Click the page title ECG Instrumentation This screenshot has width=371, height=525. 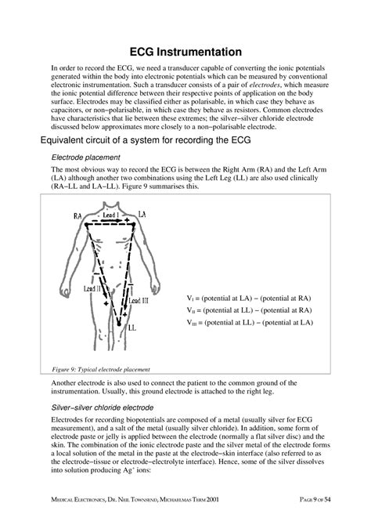(185, 49)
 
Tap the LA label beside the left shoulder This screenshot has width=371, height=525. (141, 214)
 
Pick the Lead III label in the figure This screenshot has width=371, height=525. (140, 299)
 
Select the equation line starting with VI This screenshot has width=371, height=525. (250, 299)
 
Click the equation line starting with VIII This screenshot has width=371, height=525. (250, 322)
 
